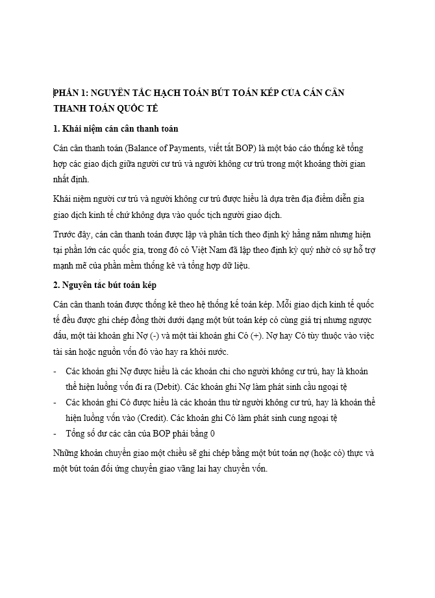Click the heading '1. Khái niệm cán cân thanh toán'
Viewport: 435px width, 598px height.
coord(106,128)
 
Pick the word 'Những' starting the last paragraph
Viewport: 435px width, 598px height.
coord(66,452)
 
